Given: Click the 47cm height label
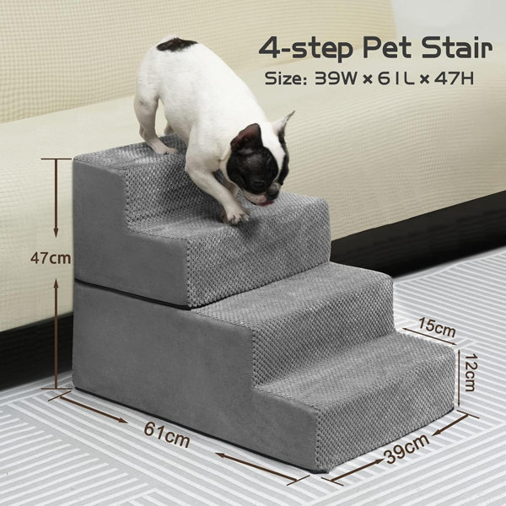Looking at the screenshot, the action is [x=51, y=258].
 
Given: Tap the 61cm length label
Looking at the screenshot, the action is [x=166, y=434].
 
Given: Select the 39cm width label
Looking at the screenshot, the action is [x=406, y=447].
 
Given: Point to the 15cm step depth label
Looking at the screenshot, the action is [x=437, y=326].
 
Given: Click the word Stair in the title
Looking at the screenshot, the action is [x=457, y=48].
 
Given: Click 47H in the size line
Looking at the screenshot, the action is [x=454, y=78].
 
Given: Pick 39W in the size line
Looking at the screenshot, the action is [x=336, y=78].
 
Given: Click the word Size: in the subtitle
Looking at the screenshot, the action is [x=285, y=78].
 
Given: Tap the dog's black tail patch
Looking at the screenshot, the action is [x=176, y=45].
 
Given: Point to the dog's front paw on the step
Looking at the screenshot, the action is [x=236, y=215].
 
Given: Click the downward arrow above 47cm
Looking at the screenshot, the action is [x=56, y=198].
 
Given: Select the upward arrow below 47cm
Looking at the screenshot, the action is [x=57, y=334].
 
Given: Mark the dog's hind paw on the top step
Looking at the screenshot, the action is [x=162, y=148].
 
